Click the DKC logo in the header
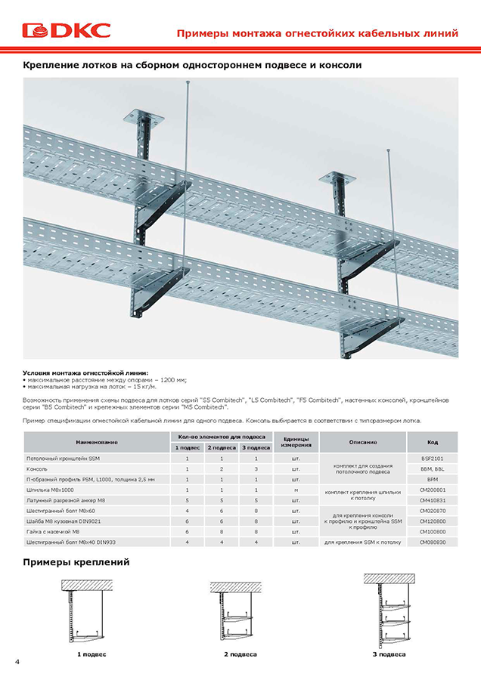pos(67,30)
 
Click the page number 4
pos(17,661)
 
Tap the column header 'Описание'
pos(363,442)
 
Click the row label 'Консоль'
pos(38,469)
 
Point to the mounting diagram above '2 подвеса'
pos(240,612)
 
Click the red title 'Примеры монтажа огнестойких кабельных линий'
pos(317,33)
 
